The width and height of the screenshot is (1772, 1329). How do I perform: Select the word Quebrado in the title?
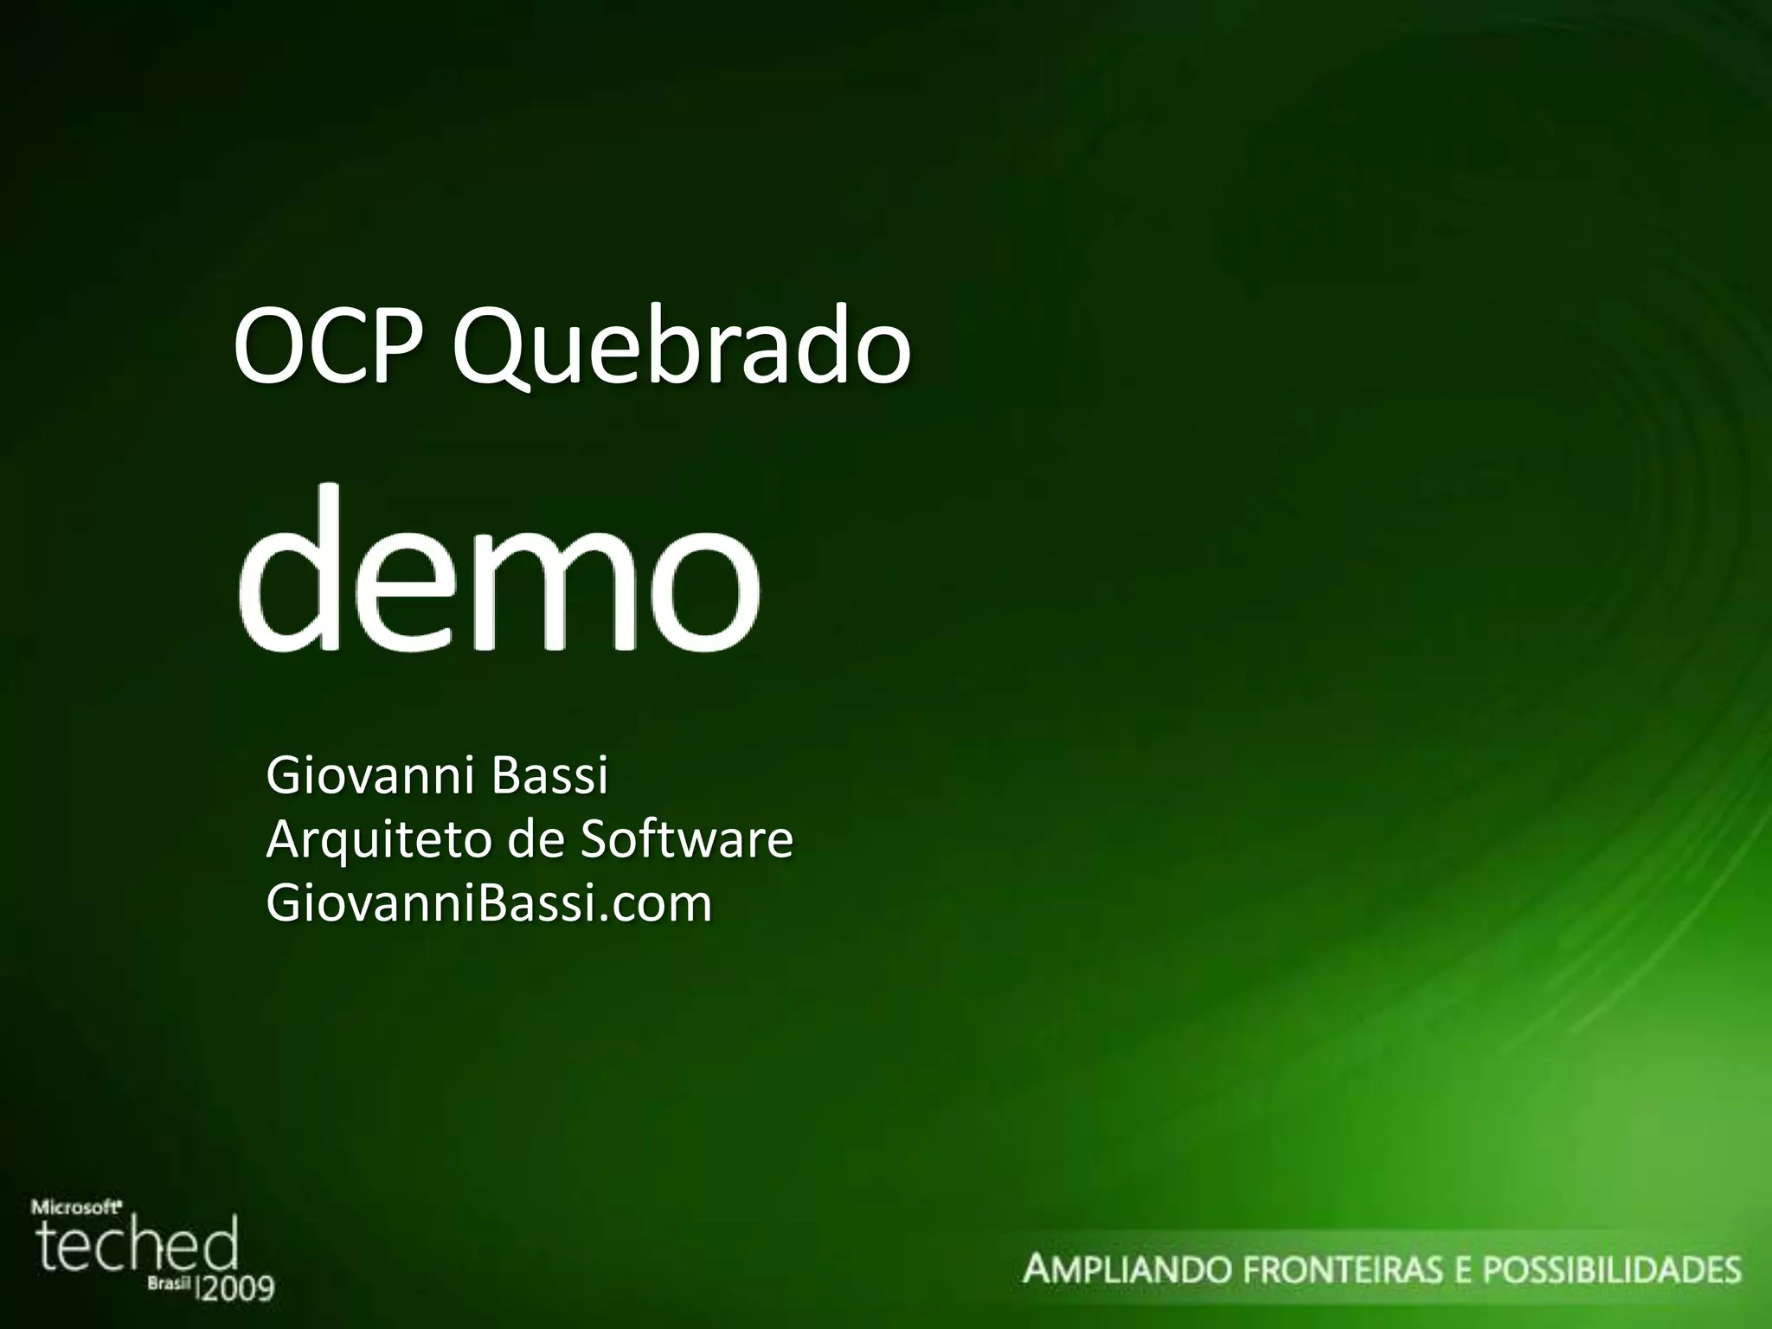coord(682,350)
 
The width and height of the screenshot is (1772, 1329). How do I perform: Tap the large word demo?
coord(499,570)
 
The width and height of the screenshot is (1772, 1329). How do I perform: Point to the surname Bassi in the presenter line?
coord(549,775)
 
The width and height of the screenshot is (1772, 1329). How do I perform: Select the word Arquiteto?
coord(382,839)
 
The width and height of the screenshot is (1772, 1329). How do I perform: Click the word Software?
coord(684,838)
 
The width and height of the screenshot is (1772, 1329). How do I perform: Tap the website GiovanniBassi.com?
coord(489,902)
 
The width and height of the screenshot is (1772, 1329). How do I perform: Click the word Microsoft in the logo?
coord(75,1204)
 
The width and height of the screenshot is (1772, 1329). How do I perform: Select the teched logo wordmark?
coord(136,1245)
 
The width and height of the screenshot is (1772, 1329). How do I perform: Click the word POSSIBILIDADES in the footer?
coord(1612,1270)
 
